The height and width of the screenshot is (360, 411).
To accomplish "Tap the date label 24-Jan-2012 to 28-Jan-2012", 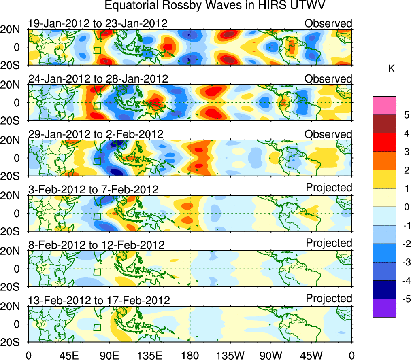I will point(98,78).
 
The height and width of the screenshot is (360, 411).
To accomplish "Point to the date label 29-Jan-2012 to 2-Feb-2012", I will point(96,134).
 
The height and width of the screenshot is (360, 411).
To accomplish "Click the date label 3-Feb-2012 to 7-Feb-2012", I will point(93,189).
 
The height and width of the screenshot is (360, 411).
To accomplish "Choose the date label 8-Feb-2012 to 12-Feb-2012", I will point(96,245).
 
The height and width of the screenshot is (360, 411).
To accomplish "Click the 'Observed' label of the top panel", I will point(328,23).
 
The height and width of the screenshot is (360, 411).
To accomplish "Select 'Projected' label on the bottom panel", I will point(329,299).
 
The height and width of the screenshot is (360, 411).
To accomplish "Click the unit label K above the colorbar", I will point(391,69).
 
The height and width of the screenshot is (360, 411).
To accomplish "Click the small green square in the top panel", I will point(97,50).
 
